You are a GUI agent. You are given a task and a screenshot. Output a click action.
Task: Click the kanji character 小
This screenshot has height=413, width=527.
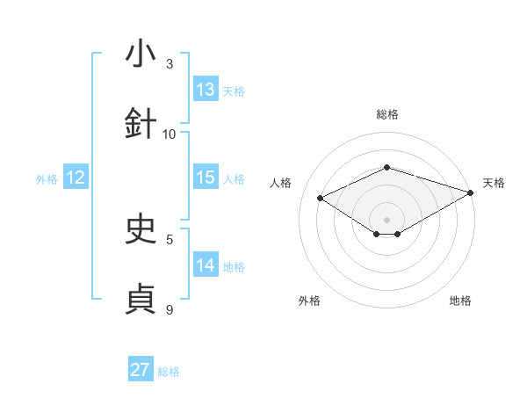pyautogui.click(x=141, y=54)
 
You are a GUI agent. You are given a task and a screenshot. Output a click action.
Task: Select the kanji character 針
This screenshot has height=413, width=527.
pyautogui.click(x=141, y=124)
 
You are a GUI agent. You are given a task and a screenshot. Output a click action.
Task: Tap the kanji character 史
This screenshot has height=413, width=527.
pyautogui.click(x=141, y=229)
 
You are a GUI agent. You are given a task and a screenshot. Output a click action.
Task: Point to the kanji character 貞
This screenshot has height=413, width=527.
pyautogui.click(x=141, y=300)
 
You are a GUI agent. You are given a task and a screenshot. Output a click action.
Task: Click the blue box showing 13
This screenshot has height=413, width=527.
pyautogui.click(x=206, y=90)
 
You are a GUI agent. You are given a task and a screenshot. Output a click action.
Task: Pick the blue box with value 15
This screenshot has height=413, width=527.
pyautogui.click(x=206, y=178)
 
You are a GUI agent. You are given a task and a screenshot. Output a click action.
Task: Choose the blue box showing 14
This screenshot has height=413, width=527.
pyautogui.click(x=206, y=265)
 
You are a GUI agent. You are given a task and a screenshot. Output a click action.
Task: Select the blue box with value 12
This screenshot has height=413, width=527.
pyautogui.click(x=76, y=178)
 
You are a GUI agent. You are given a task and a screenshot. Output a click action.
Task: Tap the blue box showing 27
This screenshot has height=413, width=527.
pyautogui.click(x=141, y=370)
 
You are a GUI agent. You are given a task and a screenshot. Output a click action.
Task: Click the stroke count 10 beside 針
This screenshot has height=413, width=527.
pyautogui.click(x=170, y=134)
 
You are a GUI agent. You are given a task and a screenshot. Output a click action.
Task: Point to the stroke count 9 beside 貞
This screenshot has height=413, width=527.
pyautogui.click(x=170, y=309)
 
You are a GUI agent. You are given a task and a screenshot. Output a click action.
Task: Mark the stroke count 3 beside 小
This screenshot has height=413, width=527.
pyautogui.click(x=170, y=63)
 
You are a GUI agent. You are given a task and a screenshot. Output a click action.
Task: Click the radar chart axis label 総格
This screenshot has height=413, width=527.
pyautogui.click(x=386, y=114)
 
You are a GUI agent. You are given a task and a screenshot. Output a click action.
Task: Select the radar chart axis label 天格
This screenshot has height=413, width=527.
pyautogui.click(x=494, y=183)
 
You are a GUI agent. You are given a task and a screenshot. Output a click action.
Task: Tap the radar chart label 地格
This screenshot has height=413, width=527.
pyautogui.click(x=460, y=301)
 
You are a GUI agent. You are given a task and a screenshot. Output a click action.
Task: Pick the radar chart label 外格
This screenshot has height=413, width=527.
pyautogui.click(x=309, y=301)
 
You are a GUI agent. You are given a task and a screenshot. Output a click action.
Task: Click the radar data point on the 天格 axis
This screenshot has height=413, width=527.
pyautogui.click(x=472, y=192)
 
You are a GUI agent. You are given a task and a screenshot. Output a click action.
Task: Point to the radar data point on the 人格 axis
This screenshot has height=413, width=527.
pyautogui.click(x=321, y=199)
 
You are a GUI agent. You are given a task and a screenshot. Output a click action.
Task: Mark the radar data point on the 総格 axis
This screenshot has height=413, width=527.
pyautogui.click(x=386, y=166)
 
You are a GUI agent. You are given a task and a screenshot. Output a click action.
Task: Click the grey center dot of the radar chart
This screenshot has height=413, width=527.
pyautogui.click(x=386, y=219)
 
